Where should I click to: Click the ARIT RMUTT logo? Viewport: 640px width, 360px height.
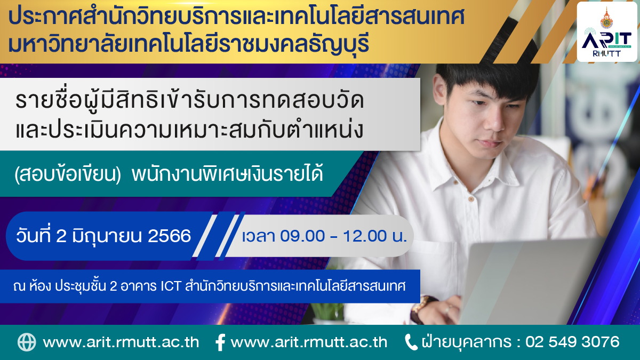click(x=606, y=31)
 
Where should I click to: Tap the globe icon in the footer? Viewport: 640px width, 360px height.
click(x=27, y=342)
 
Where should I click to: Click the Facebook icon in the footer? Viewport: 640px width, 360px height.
click(x=220, y=342)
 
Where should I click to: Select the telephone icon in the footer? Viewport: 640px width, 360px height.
click(x=411, y=342)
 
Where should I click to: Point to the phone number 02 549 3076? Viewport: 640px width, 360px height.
click(x=572, y=342)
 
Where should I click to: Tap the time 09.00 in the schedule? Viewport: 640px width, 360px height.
click(x=302, y=236)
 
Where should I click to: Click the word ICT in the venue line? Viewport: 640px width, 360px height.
click(x=171, y=286)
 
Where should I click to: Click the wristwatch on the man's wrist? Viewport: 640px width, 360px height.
click(x=422, y=309)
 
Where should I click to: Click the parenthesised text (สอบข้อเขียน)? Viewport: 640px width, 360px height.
click(x=68, y=174)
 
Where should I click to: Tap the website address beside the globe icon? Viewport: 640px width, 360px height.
click(x=121, y=342)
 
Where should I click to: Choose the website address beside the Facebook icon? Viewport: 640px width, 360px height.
click(x=309, y=342)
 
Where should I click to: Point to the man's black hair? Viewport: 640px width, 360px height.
click(x=486, y=74)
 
